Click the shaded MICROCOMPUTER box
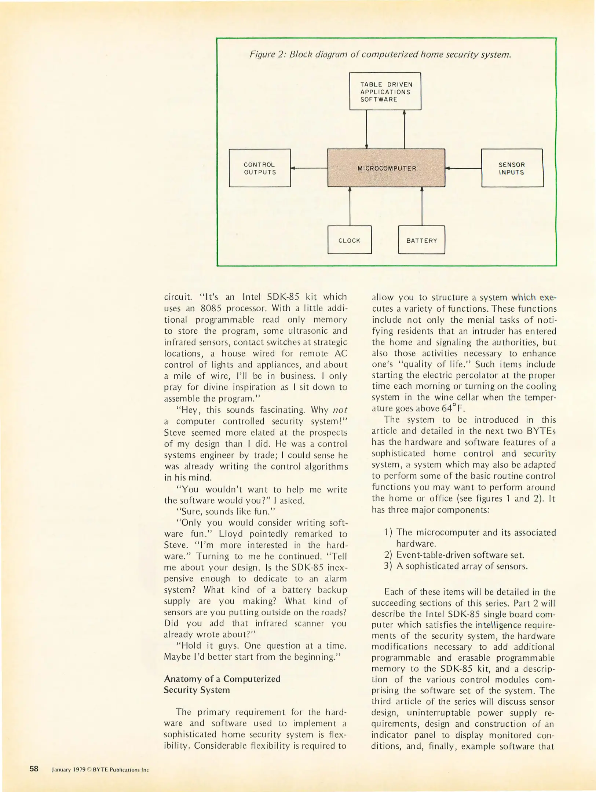(x=386, y=168)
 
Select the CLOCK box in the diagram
(x=349, y=240)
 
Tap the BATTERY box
(x=421, y=240)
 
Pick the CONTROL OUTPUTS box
(x=260, y=168)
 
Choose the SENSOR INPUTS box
(x=512, y=168)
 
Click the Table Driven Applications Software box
(x=385, y=91)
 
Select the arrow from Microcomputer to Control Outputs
(x=309, y=168)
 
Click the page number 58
(x=34, y=769)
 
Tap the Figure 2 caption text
(x=380, y=55)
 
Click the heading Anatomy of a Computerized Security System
(x=222, y=684)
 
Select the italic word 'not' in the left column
(x=340, y=410)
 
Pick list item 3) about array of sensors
(x=456, y=566)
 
